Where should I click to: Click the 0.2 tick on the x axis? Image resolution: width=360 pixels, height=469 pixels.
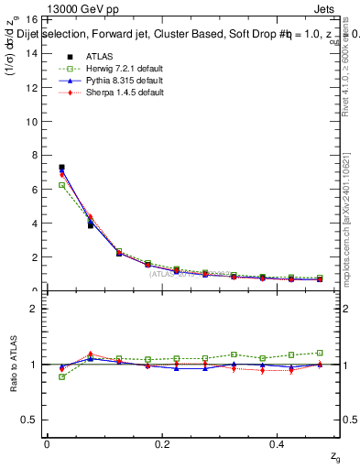[163, 443]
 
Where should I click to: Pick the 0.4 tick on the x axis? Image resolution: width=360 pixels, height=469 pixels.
[279, 443]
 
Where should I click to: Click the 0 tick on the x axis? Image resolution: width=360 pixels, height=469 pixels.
[47, 443]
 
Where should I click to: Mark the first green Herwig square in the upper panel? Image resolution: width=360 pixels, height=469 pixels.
[61, 185]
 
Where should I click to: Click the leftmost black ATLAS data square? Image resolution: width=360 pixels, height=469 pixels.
[61, 168]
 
